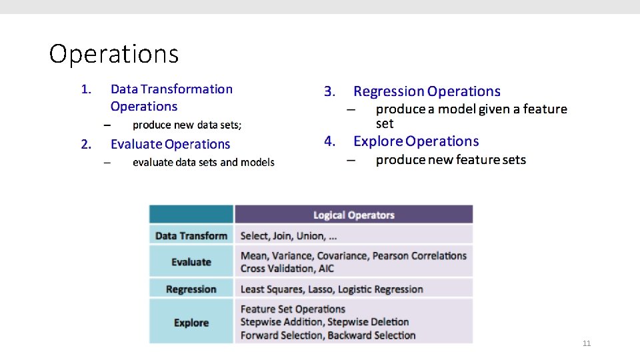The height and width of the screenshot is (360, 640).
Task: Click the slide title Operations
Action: (x=114, y=54)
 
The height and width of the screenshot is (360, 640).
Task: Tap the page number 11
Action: (x=587, y=343)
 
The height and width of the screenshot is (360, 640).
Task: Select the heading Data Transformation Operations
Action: (x=171, y=97)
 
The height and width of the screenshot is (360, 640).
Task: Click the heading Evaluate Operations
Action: (x=170, y=144)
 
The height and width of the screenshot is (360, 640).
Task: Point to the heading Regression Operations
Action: (x=427, y=91)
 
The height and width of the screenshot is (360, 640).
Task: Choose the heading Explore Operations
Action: (x=416, y=141)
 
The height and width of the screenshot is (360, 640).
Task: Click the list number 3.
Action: (x=329, y=91)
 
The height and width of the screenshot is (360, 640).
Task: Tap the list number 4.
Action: (x=329, y=141)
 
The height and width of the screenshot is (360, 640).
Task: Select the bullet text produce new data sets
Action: (x=187, y=125)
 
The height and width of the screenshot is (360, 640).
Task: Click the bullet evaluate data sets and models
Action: (x=203, y=162)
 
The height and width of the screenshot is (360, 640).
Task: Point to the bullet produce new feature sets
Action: (x=451, y=160)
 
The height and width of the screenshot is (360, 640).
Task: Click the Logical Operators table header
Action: (x=353, y=215)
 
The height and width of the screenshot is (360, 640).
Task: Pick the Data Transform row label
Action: (x=191, y=235)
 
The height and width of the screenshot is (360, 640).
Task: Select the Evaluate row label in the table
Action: (x=191, y=262)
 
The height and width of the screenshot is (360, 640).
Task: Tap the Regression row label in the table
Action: (x=191, y=289)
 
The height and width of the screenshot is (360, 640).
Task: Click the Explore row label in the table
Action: (x=191, y=323)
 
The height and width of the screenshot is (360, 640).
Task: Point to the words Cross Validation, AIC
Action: (x=287, y=269)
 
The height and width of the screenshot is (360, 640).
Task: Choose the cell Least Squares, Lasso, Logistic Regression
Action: (x=331, y=289)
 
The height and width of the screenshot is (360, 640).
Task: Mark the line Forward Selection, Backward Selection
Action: (x=327, y=335)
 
